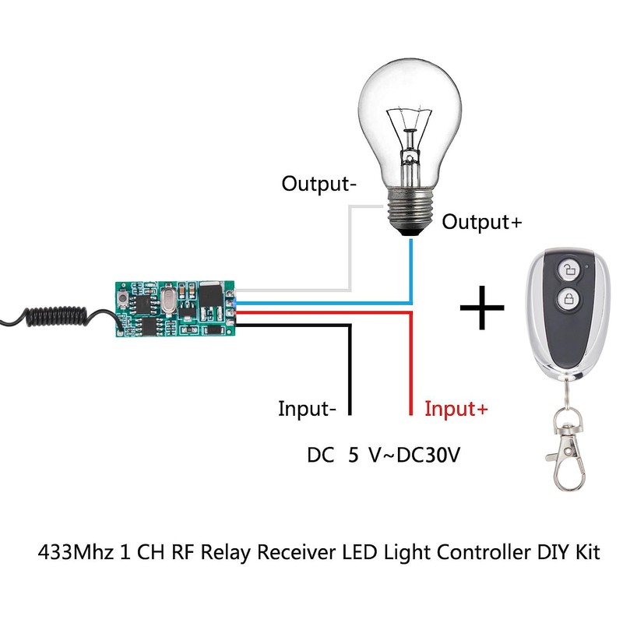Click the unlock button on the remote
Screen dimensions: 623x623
[569, 270]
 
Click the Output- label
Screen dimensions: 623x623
[319, 185]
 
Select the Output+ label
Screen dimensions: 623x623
[482, 222]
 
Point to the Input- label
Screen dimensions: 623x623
[308, 409]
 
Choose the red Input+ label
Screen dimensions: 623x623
[456, 409]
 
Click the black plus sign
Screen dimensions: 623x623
[483, 308]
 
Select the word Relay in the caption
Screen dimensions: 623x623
[230, 554]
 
